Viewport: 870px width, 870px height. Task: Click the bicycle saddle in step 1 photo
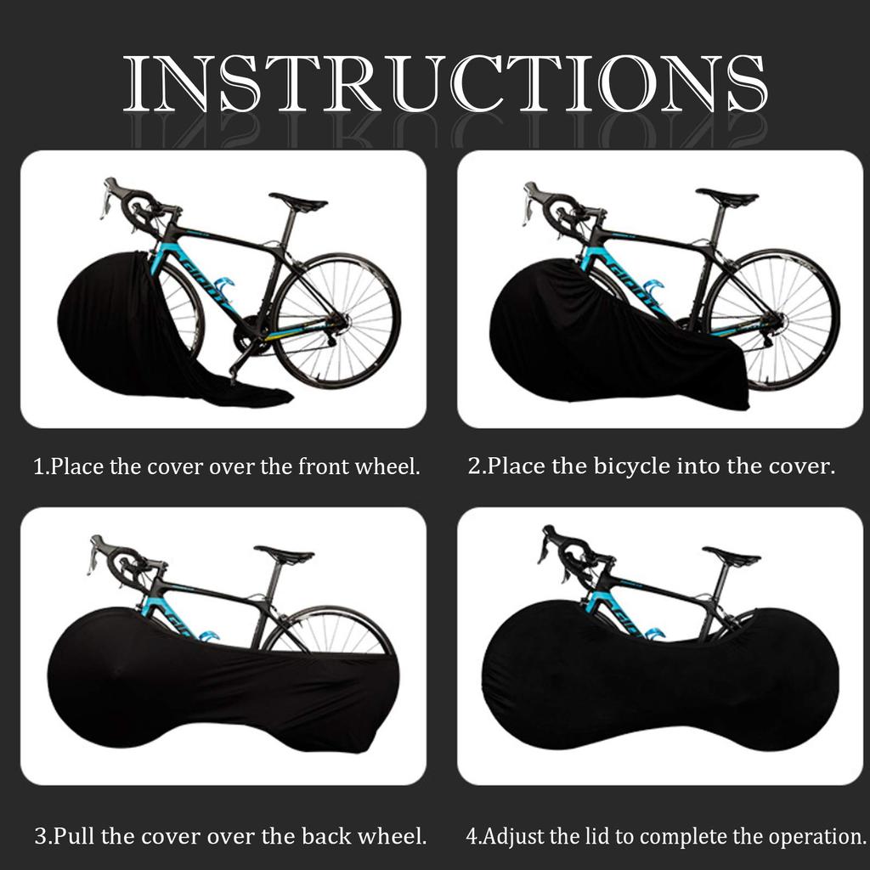click(x=298, y=202)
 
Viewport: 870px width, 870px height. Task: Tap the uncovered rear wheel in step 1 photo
click(x=336, y=319)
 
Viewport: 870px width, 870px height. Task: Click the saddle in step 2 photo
click(x=726, y=196)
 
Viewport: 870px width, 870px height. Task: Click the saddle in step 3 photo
click(x=284, y=556)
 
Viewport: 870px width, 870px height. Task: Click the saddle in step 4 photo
click(x=732, y=556)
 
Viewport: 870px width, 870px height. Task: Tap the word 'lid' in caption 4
click(x=595, y=836)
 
